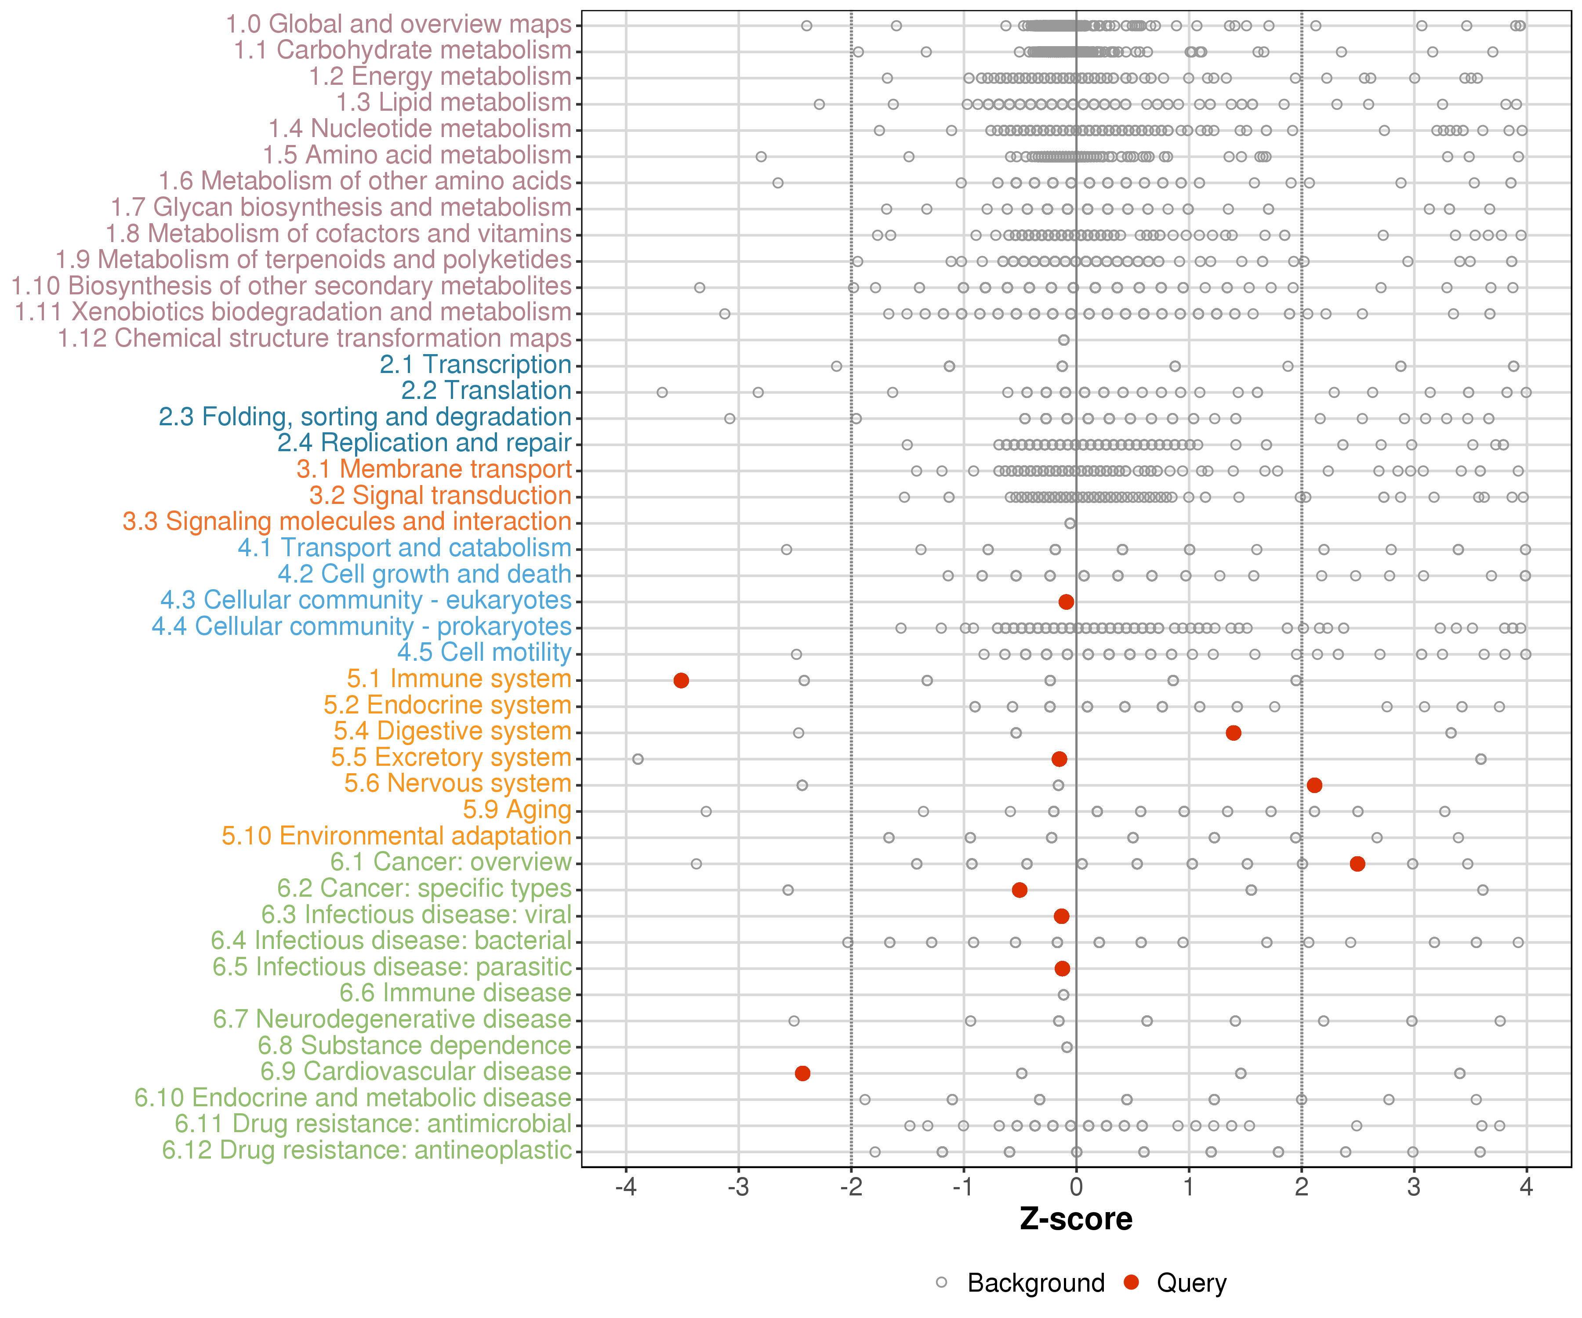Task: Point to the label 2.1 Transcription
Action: click(475, 365)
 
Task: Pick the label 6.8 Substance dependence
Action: click(414, 1046)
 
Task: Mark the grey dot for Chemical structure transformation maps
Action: click(1064, 340)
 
